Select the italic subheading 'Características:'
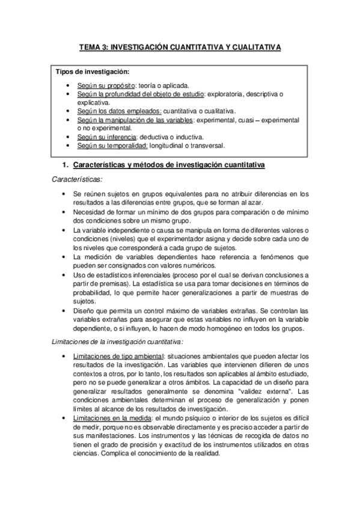[x=77, y=179]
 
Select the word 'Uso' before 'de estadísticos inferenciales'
[x=79, y=275]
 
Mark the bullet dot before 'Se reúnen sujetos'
[x=64, y=194]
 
